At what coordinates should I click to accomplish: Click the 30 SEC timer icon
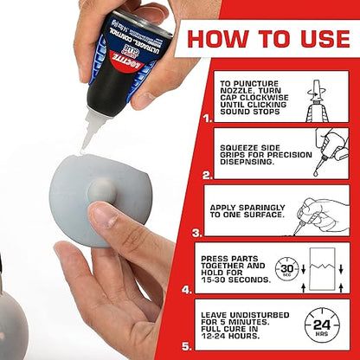point(286,267)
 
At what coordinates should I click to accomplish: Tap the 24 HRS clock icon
point(321,325)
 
